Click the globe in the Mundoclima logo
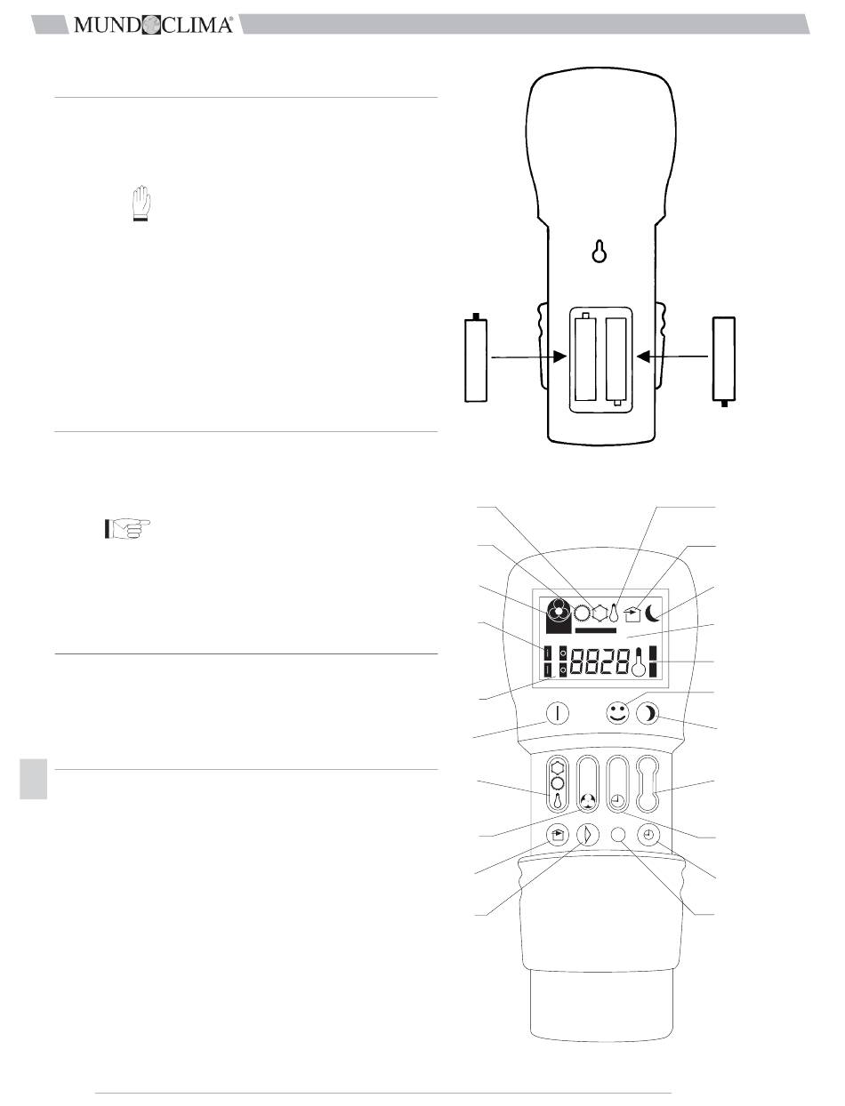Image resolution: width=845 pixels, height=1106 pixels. (x=151, y=25)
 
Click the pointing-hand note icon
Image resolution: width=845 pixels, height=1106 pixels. (x=127, y=528)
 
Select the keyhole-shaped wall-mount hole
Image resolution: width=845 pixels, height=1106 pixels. (x=600, y=251)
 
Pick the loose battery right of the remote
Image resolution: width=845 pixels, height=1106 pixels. (x=723, y=361)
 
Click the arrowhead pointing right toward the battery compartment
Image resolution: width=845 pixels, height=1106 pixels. (x=559, y=357)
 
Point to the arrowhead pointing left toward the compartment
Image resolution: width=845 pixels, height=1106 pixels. (x=643, y=357)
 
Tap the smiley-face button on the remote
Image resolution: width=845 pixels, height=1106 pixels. (x=617, y=714)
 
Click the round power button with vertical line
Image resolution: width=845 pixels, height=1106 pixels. (x=558, y=714)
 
